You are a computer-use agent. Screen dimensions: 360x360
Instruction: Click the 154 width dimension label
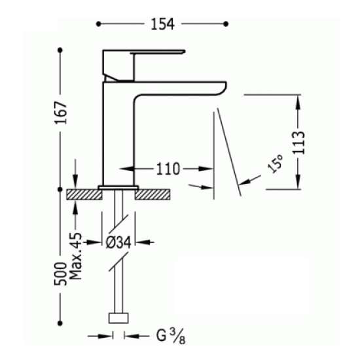(x=162, y=24)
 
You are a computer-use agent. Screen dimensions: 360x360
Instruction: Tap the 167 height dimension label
(x=61, y=113)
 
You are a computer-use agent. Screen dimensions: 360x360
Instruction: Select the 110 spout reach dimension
(x=168, y=169)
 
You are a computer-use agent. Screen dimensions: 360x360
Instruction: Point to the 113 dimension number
(x=298, y=143)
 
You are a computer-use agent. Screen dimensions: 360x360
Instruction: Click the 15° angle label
(x=275, y=164)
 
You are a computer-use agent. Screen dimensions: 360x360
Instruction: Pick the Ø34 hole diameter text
(x=118, y=242)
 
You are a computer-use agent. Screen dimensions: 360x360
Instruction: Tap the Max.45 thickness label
(x=76, y=256)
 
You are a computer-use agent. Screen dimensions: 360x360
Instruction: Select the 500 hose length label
(x=60, y=274)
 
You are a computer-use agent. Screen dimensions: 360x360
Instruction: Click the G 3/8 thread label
(x=171, y=336)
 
